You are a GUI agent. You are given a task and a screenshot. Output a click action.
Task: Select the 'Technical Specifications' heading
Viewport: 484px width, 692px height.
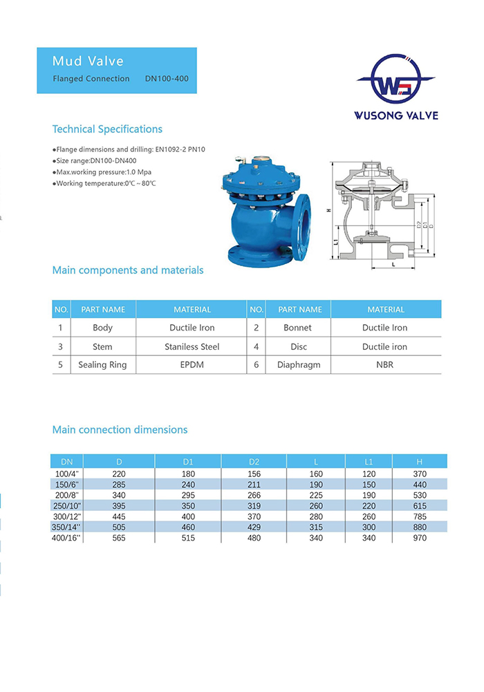click(x=107, y=129)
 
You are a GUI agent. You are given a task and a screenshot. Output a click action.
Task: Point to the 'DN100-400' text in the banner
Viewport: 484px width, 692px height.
click(x=166, y=79)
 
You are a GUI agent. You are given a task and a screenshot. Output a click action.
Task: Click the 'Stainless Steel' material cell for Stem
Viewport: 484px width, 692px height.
click(x=192, y=346)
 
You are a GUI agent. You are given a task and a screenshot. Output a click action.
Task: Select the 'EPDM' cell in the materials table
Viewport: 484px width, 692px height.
click(x=192, y=365)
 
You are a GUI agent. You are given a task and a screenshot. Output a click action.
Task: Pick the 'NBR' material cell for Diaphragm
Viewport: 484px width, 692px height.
click(x=385, y=365)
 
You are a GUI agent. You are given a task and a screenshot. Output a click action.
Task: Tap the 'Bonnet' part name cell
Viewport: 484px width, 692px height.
click(x=298, y=328)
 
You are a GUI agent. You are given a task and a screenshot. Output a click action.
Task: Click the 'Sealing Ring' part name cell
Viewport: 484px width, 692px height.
click(x=102, y=365)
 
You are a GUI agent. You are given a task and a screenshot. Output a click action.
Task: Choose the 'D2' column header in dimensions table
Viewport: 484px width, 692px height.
click(x=254, y=461)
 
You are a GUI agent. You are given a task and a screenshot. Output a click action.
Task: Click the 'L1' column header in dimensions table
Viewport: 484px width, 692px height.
click(x=369, y=461)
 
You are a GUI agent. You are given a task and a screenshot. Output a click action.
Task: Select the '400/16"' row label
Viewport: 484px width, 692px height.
click(x=67, y=537)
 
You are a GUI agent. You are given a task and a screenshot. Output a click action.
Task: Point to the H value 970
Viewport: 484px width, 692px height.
click(x=420, y=537)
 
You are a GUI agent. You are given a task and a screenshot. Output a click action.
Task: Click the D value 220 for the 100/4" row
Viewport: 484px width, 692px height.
click(x=119, y=474)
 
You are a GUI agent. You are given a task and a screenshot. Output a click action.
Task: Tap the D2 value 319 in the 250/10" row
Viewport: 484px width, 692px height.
click(x=254, y=505)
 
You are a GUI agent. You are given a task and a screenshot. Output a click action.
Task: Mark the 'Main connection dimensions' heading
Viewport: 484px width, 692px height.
click(x=120, y=430)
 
